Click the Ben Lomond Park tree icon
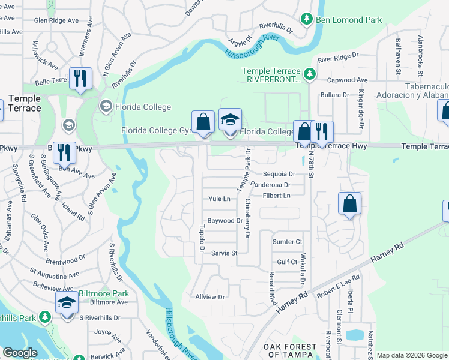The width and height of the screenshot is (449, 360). [x=307, y=20]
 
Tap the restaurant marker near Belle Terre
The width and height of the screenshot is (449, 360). [x=80, y=79]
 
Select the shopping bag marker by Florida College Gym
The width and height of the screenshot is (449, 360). [x=204, y=122]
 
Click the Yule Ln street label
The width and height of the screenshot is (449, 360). [x=219, y=199]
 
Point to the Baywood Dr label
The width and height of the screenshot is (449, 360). [x=224, y=221]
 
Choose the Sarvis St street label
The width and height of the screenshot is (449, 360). [x=224, y=253]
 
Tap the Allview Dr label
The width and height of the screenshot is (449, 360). [x=209, y=297]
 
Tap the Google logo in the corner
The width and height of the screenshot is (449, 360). [x=20, y=353]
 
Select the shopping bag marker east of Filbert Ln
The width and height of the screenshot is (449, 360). [x=349, y=205]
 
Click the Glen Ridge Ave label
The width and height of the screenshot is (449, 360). [x=56, y=20]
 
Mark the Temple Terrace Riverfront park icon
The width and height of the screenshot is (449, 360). [x=309, y=74]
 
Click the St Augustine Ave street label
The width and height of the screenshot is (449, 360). [x=53, y=276]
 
